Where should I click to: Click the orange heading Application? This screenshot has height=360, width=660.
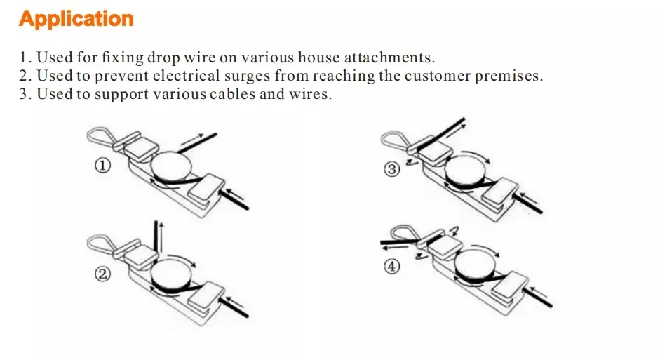(x=76, y=19)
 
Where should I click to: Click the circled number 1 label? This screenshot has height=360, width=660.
(x=102, y=166)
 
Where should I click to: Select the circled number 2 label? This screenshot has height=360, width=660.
(x=102, y=274)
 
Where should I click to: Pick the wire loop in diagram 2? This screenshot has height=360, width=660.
(x=101, y=243)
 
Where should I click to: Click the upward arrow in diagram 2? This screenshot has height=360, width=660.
(x=161, y=235)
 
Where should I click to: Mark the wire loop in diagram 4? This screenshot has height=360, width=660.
(x=405, y=233)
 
